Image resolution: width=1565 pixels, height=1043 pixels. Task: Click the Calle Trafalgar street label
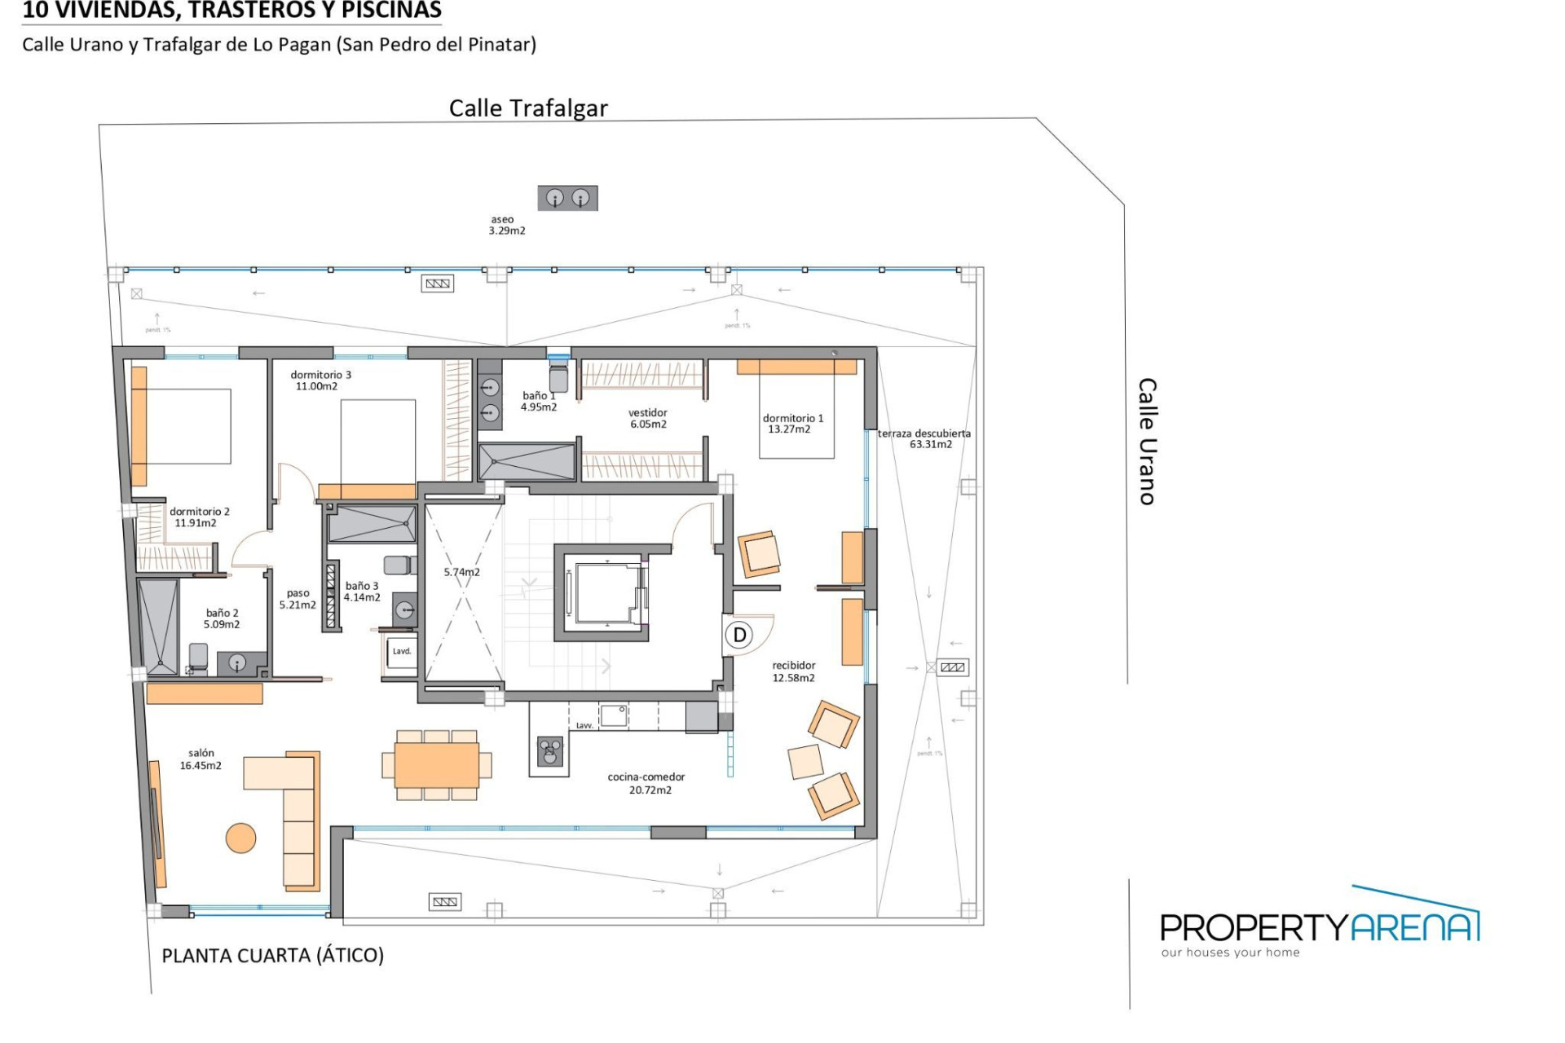click(x=528, y=108)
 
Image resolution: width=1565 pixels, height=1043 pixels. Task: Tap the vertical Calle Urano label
click(x=1148, y=441)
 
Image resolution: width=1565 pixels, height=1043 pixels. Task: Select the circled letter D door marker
click(x=739, y=635)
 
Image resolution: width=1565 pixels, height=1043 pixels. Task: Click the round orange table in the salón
click(x=240, y=838)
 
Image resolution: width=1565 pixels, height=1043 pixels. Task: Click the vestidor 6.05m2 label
click(x=648, y=418)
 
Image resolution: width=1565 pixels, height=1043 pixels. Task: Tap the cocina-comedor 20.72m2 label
click(x=646, y=783)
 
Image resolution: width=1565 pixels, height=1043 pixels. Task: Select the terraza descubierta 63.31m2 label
click(x=924, y=438)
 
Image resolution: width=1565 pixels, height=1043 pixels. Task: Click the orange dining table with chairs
click(x=436, y=764)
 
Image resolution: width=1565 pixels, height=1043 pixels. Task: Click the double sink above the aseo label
click(x=567, y=197)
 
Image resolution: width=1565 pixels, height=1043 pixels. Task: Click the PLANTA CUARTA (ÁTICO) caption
click(x=272, y=955)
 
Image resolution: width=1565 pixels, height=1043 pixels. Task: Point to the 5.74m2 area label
click(x=461, y=572)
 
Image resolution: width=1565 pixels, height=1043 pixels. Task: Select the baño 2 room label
click(x=222, y=618)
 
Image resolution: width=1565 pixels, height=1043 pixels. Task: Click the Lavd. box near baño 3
click(x=402, y=652)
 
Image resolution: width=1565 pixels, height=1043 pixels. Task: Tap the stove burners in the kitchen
click(x=549, y=750)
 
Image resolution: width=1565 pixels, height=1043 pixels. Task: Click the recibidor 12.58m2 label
click(x=793, y=671)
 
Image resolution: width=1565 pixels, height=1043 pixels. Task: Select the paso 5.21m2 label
click(x=298, y=599)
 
